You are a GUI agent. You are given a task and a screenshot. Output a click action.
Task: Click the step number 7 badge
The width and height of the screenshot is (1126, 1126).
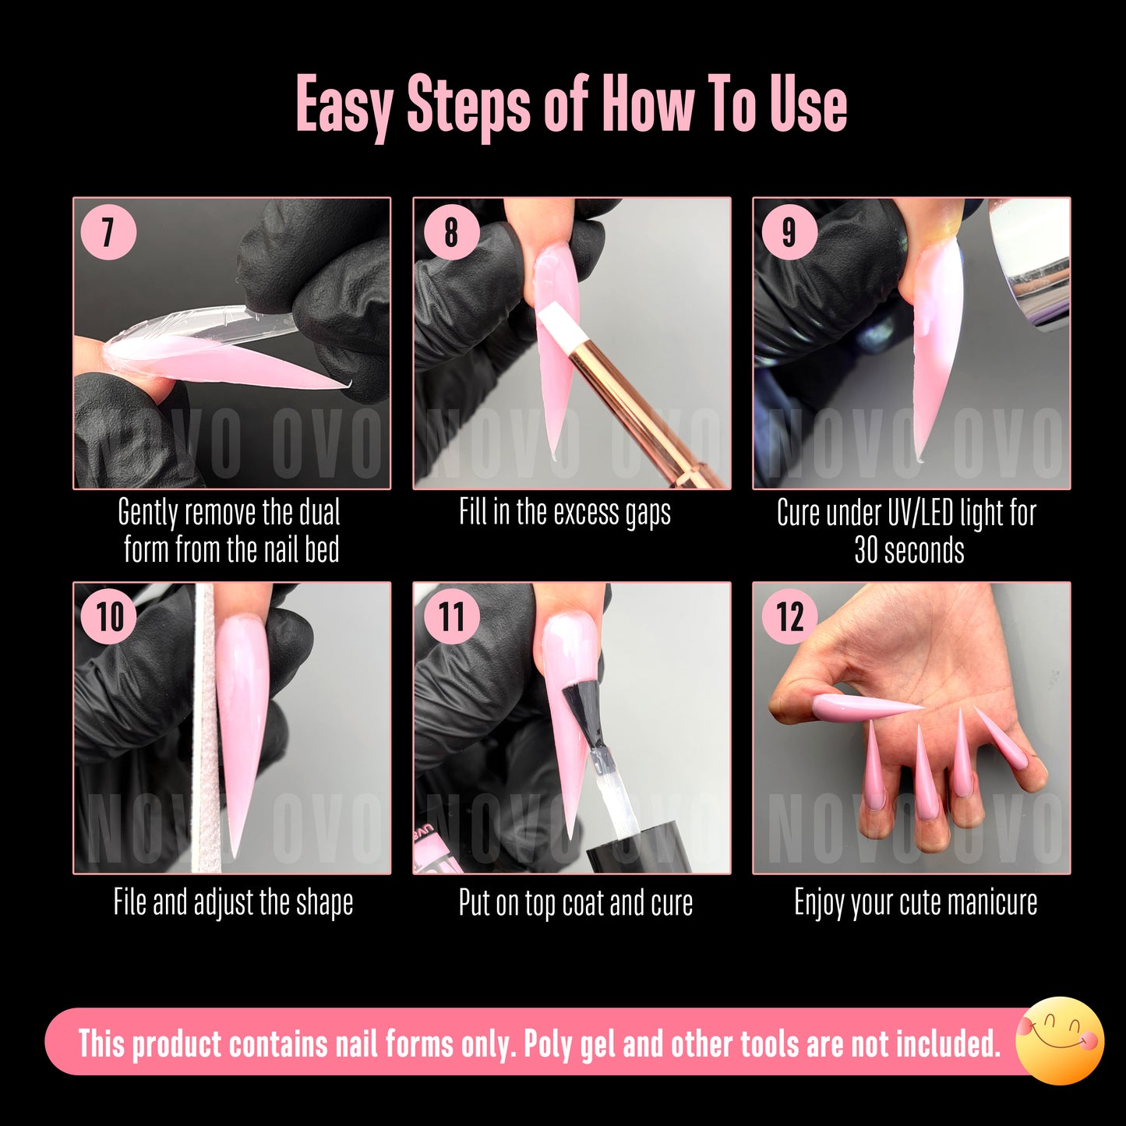[x=108, y=232]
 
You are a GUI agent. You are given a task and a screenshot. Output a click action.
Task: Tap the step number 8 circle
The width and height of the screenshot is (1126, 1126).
[x=451, y=232]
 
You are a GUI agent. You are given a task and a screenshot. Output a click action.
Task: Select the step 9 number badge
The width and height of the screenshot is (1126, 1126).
[x=789, y=232]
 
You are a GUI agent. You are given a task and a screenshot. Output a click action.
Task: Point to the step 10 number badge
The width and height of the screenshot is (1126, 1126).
[x=109, y=616]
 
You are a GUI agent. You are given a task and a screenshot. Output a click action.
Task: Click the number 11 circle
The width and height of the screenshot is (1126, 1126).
[x=451, y=616]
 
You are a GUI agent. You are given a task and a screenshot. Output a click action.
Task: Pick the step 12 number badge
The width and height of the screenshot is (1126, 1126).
[x=789, y=616]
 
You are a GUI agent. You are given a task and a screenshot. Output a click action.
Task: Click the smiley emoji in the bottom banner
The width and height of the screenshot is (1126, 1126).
[x=1060, y=1040]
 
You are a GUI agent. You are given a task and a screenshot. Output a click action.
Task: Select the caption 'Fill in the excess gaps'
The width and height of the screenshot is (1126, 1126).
[x=564, y=514]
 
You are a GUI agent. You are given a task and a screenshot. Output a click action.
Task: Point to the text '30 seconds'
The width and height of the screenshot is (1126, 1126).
[x=909, y=550]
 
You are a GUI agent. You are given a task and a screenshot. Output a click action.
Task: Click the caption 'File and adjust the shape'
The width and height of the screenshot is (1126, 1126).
[x=233, y=903]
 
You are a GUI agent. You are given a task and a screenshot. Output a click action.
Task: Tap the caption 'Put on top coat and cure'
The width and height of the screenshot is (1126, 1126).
[x=575, y=903]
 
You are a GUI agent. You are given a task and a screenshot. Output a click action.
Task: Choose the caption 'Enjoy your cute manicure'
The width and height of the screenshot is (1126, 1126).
[x=916, y=903]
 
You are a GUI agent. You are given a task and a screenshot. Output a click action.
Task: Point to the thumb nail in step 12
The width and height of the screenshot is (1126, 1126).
[x=865, y=707]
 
